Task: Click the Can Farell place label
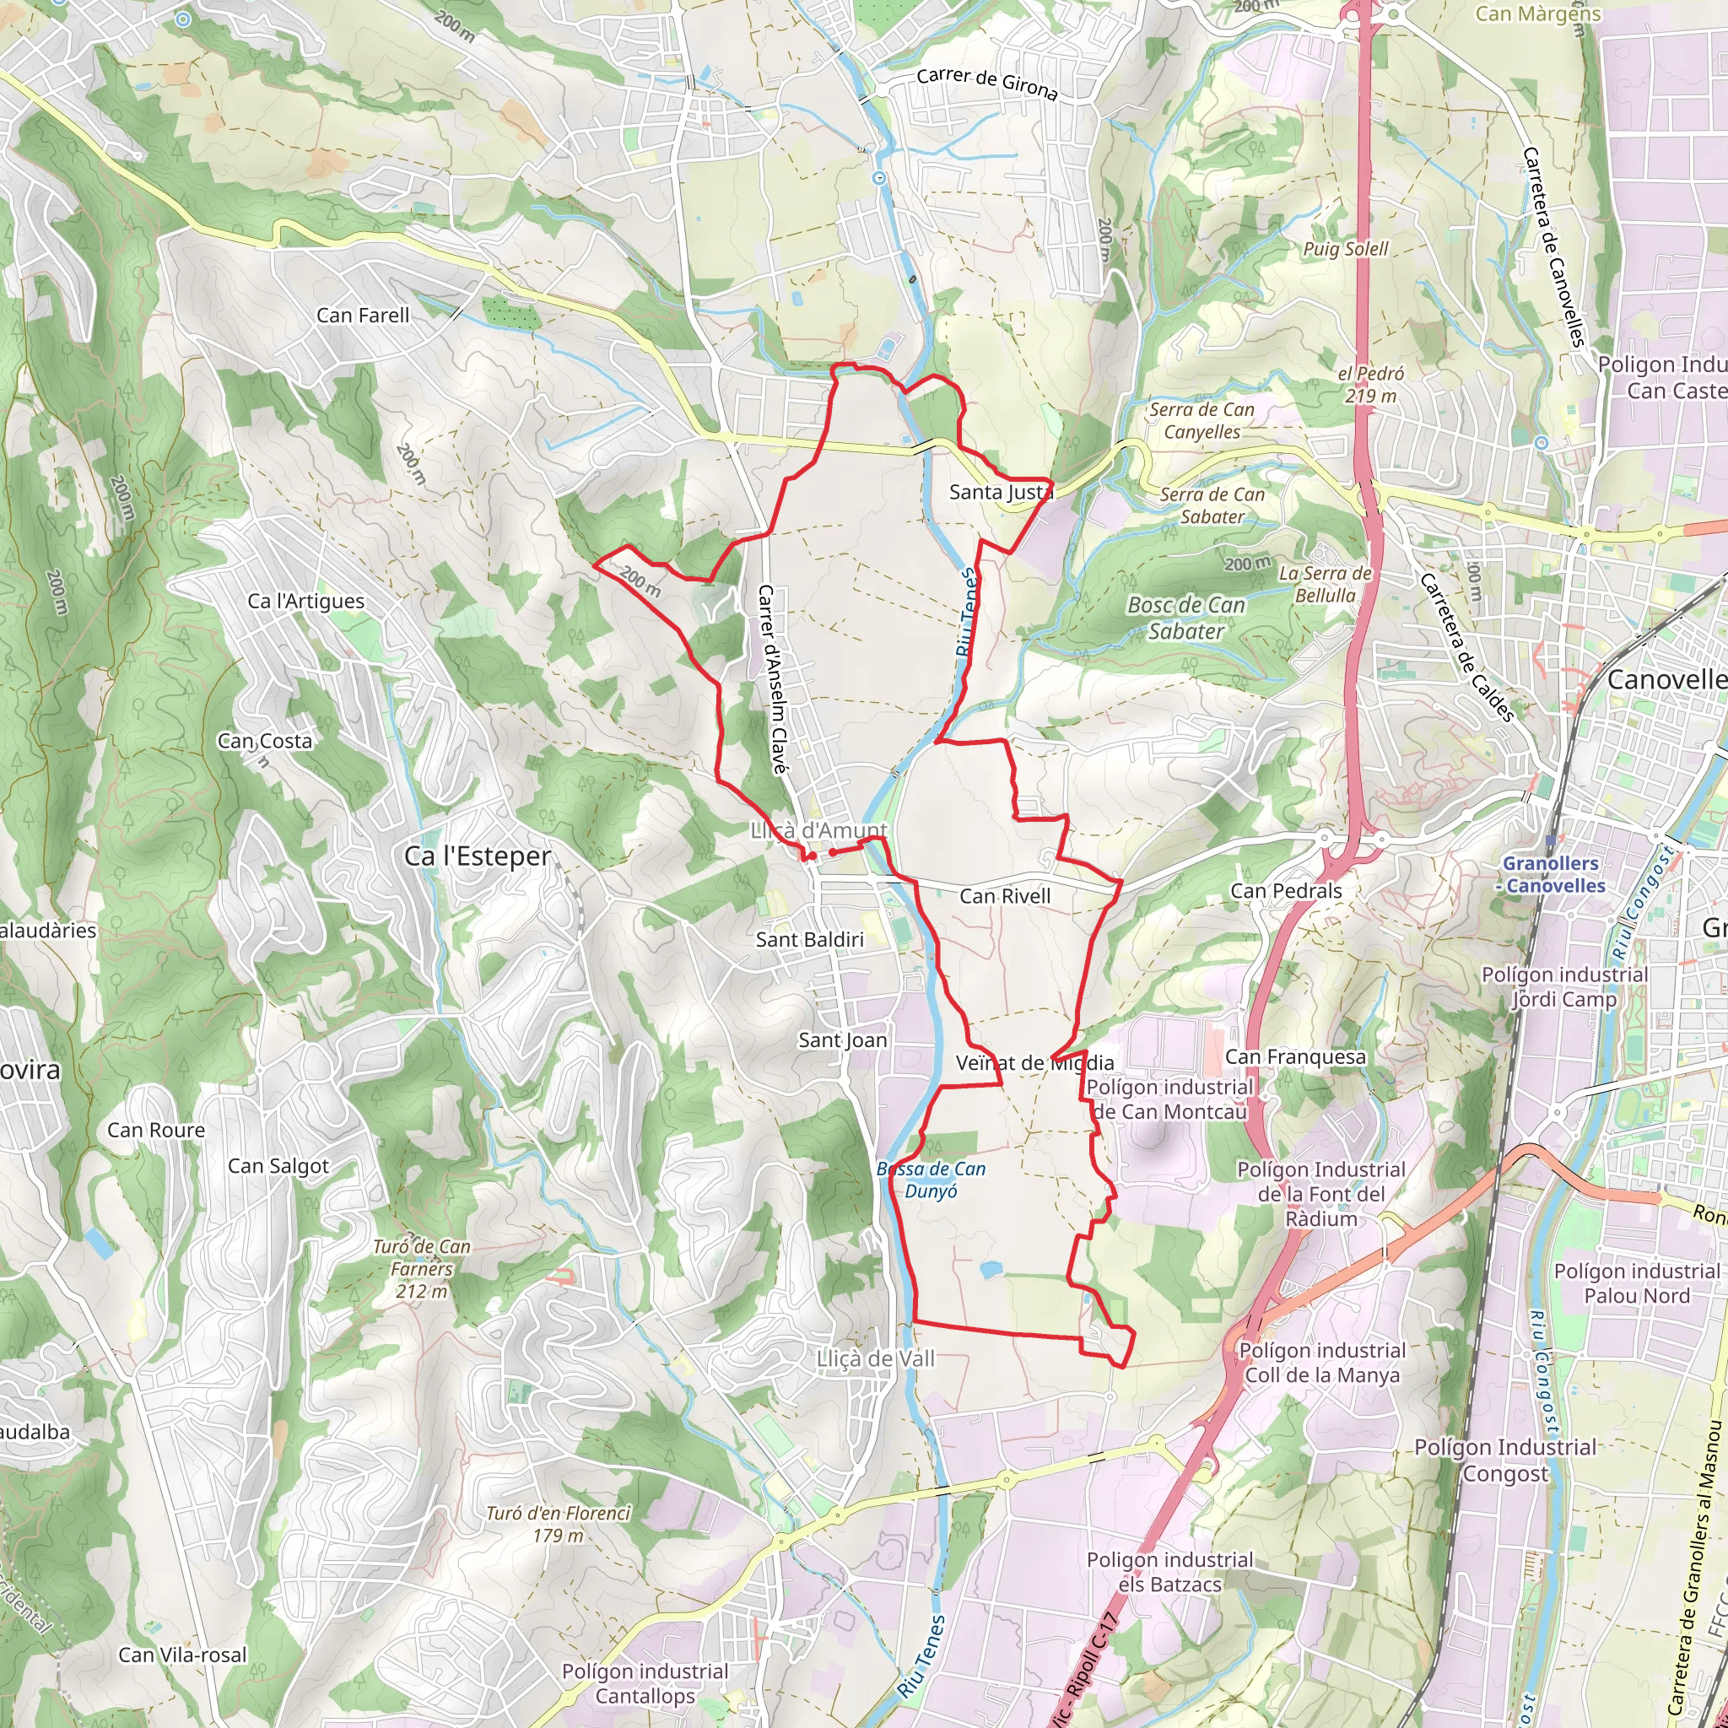362,315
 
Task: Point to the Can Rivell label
1004,896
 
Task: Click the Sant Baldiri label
809,939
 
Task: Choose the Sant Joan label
843,1039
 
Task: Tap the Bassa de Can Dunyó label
931,1180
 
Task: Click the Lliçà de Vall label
876,1358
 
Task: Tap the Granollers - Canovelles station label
1554,875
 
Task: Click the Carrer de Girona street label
986,84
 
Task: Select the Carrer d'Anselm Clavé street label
772,679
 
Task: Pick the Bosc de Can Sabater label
1186,618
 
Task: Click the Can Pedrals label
1286,891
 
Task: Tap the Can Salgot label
278,1166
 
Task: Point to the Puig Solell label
1345,249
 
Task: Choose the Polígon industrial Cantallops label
645,1683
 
